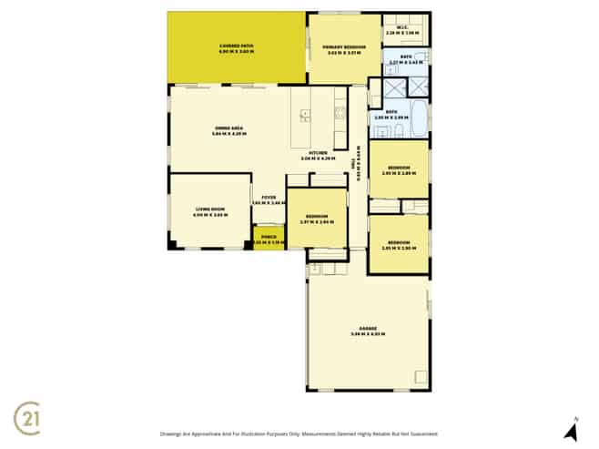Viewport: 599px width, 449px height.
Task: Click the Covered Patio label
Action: [x=236, y=49]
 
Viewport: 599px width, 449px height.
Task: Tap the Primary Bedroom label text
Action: [x=346, y=49]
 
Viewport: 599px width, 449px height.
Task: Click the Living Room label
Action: [x=209, y=211]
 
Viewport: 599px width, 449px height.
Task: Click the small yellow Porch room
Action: [x=269, y=240]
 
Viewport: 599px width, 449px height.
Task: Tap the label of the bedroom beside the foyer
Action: [x=317, y=219]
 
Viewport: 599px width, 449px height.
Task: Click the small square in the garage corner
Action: [x=420, y=376]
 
